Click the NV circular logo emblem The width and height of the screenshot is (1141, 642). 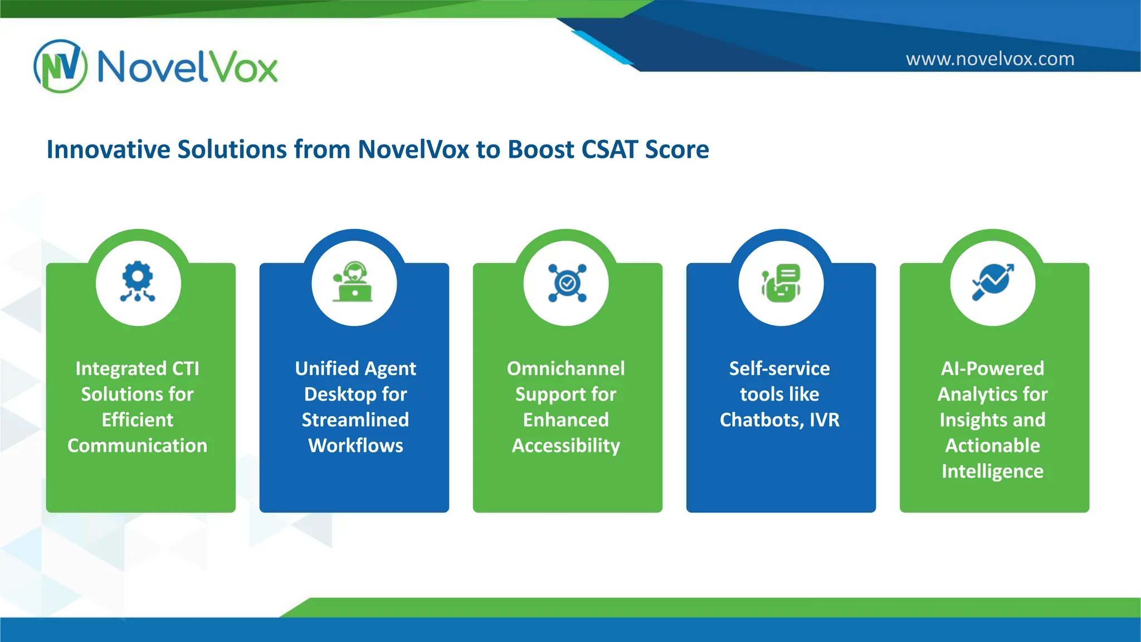click(61, 66)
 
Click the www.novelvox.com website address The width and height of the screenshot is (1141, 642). click(989, 59)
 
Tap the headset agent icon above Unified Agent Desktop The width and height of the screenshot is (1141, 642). click(354, 283)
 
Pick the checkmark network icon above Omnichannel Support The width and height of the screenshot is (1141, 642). click(567, 283)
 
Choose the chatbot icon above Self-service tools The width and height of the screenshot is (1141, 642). click(781, 283)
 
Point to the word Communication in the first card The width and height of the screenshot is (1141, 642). click(138, 446)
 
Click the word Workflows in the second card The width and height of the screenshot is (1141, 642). click(355, 446)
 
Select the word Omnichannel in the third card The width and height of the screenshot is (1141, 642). click(566, 368)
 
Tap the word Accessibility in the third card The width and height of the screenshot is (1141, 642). click(566, 446)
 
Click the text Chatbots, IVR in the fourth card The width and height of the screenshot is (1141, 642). click(779, 420)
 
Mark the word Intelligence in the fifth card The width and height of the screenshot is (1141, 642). click(993, 471)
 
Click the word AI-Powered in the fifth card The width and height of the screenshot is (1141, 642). click(993, 368)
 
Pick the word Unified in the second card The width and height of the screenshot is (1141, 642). click(327, 368)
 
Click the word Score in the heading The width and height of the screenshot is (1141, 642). click(677, 149)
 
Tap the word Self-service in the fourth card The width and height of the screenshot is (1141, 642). click(779, 368)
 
